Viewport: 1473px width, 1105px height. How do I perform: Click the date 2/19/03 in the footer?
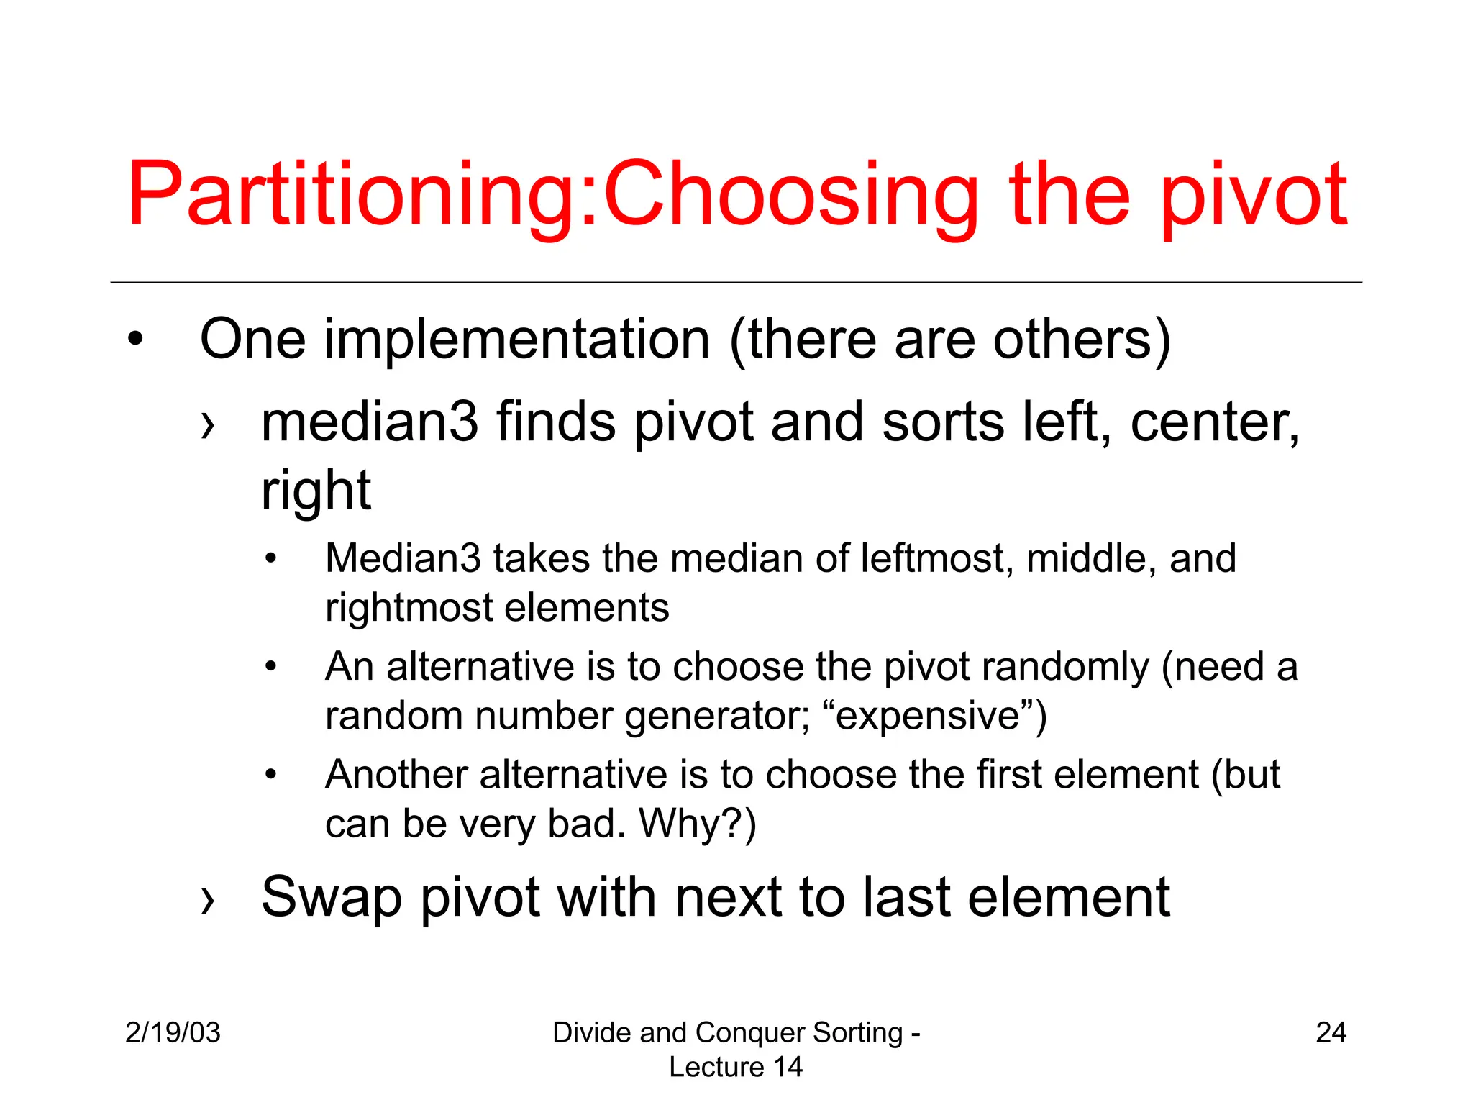click(x=173, y=1032)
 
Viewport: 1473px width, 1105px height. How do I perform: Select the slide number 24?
click(x=1331, y=1032)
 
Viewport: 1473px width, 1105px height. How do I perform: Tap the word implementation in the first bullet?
click(x=516, y=340)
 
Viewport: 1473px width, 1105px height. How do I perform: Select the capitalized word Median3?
click(x=403, y=559)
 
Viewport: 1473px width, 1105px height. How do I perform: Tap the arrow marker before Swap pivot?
click(x=208, y=899)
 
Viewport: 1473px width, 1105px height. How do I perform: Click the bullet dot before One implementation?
click(x=135, y=340)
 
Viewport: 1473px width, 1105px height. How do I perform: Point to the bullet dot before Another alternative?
click(x=270, y=775)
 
